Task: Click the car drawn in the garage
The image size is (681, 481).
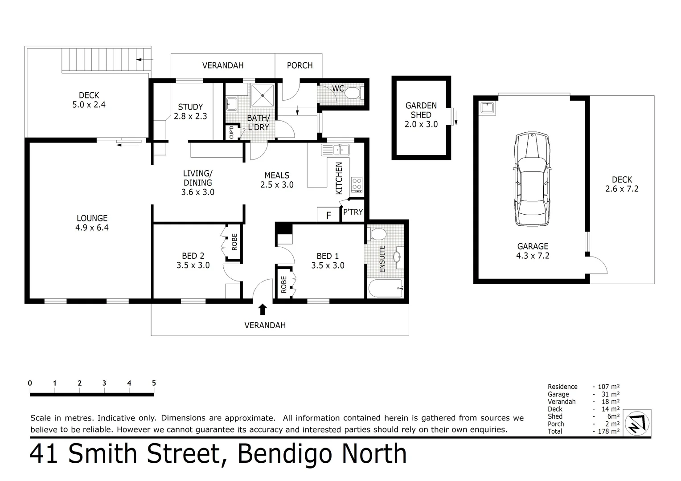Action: (x=532, y=179)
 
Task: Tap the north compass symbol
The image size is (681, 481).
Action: (x=637, y=422)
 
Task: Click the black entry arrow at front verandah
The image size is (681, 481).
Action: (x=263, y=309)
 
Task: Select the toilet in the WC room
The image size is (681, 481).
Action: (x=354, y=94)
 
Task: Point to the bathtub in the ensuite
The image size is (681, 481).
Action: (x=386, y=288)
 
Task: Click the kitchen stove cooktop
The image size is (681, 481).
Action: (x=357, y=184)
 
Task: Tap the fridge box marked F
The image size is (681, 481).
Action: (x=328, y=215)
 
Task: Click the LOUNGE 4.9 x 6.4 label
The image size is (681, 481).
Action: (x=92, y=223)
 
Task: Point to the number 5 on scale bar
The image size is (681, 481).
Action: (x=154, y=383)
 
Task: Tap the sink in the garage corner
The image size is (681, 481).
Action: (x=488, y=108)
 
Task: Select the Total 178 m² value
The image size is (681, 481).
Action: (x=606, y=431)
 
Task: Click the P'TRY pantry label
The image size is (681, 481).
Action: (x=353, y=212)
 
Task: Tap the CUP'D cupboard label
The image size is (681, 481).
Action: (x=231, y=132)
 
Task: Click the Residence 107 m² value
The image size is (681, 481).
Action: (x=606, y=387)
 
